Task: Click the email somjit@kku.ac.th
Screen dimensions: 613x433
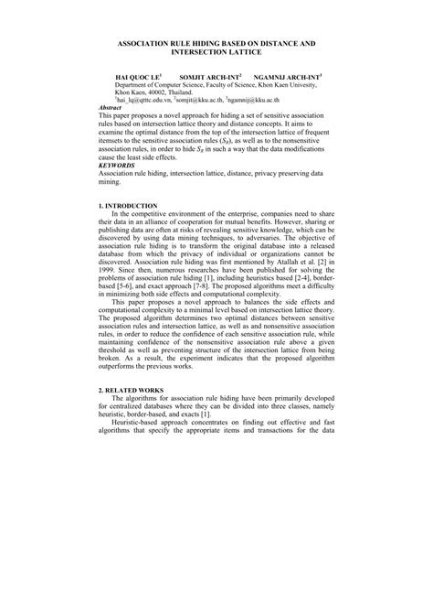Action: click(214, 101)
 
